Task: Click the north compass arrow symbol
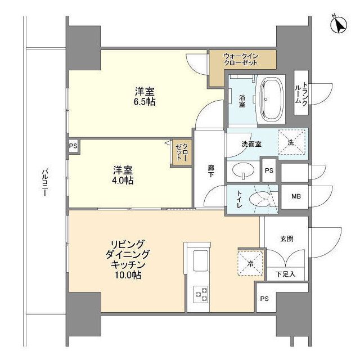(339, 24)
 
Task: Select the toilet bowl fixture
(260, 200)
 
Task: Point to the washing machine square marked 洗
(291, 143)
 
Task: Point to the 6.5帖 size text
(145, 102)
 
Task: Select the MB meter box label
(295, 196)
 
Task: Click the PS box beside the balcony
(73, 145)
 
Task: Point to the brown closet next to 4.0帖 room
(179, 153)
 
